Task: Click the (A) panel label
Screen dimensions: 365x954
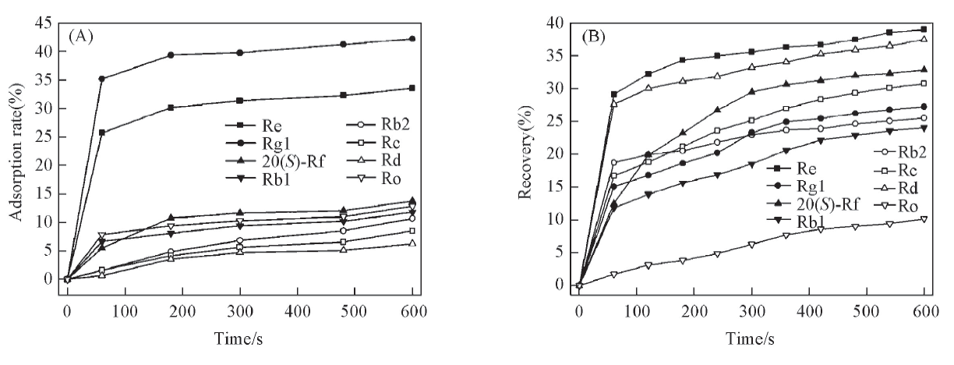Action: [x=83, y=34]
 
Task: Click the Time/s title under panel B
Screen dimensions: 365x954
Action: [x=751, y=343]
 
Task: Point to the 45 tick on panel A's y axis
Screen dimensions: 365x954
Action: [x=44, y=23]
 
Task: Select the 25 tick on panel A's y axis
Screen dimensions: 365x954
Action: [x=44, y=136]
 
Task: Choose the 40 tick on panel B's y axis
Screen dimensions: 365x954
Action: [x=556, y=23]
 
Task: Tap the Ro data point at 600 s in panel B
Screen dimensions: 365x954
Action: [x=924, y=219]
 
